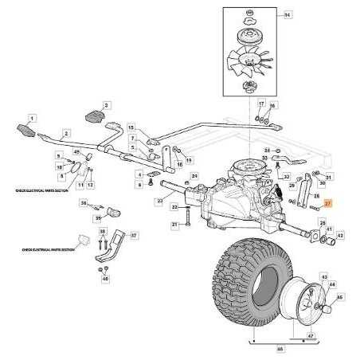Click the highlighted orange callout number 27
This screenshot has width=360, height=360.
pos(327,205)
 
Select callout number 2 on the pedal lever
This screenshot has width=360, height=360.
pos(67,133)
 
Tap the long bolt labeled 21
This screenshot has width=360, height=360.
pos(186,225)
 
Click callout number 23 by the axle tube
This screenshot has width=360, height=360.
pos(159,204)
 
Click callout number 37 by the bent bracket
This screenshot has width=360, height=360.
pos(133,236)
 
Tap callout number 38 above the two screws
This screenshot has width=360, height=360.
pos(102,231)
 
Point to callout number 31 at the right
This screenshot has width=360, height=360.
pos(330,177)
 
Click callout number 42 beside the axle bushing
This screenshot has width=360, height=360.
pos(340,236)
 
